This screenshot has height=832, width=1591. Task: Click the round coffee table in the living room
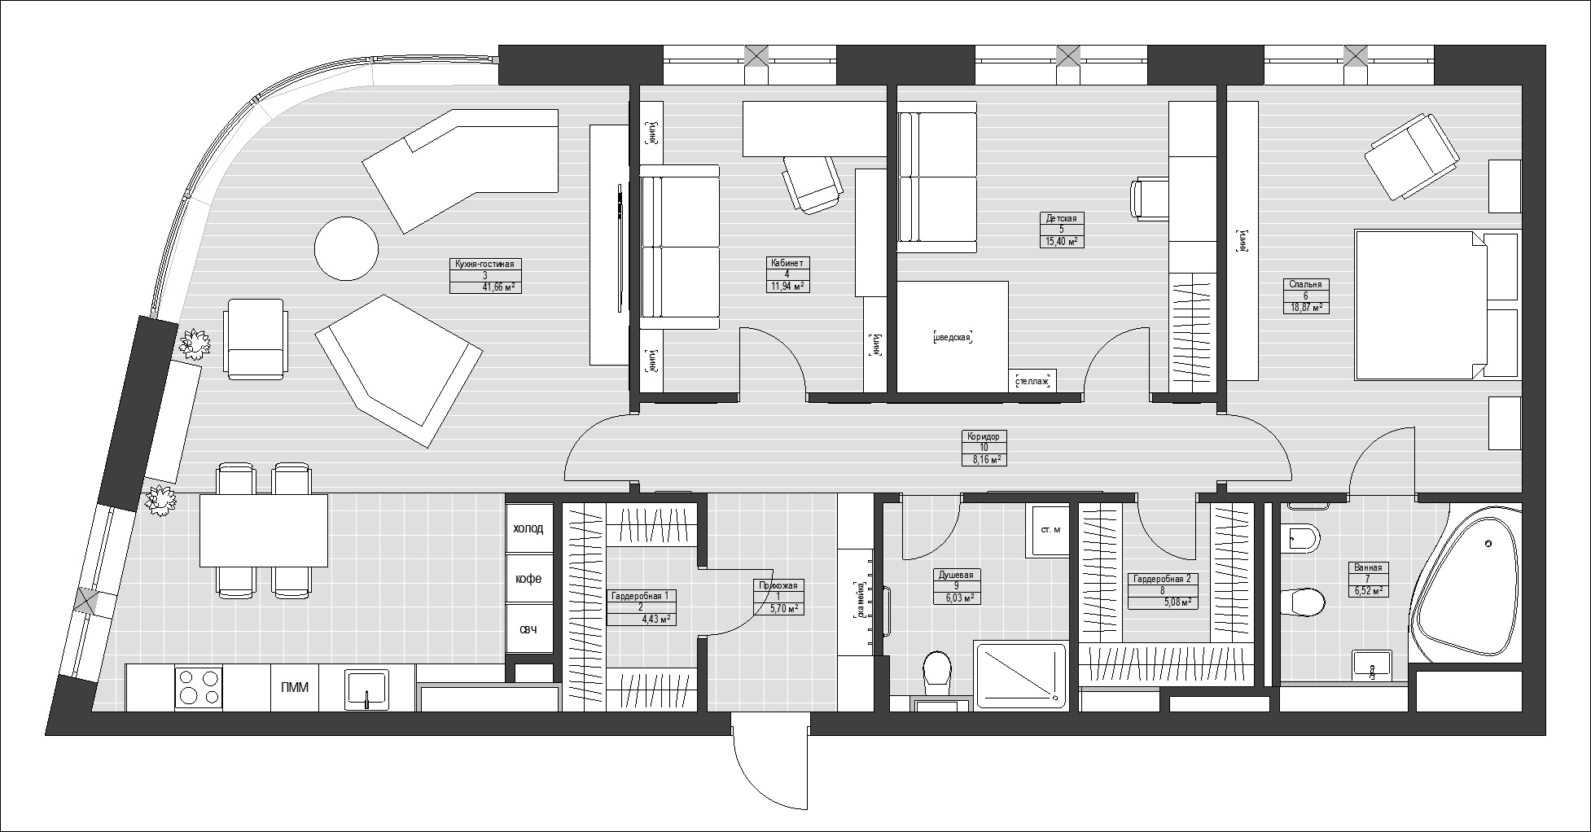click(x=346, y=248)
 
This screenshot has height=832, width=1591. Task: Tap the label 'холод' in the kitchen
click(x=528, y=528)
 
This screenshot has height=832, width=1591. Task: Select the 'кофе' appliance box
click(x=528, y=579)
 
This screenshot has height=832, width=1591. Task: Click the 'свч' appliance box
click(x=528, y=629)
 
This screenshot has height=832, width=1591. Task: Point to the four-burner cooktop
click(x=199, y=687)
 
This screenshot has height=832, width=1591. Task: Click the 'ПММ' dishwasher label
click(x=295, y=688)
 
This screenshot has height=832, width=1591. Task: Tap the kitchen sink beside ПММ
click(x=366, y=689)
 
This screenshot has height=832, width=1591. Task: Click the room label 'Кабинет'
click(x=787, y=263)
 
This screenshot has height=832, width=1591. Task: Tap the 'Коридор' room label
click(x=984, y=436)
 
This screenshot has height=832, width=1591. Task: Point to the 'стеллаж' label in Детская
click(x=1032, y=381)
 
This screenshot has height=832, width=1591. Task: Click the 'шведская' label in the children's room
click(x=953, y=337)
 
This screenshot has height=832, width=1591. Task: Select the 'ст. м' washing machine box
click(x=1050, y=530)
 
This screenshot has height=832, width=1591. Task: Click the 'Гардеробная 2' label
click(x=1162, y=580)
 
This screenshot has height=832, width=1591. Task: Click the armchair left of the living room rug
click(x=256, y=338)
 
